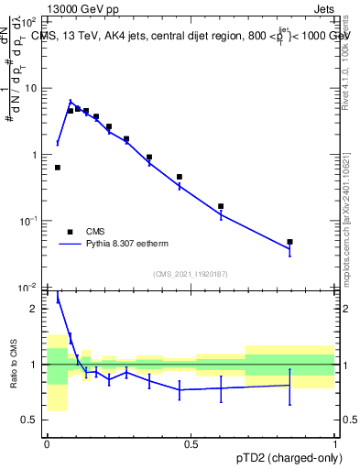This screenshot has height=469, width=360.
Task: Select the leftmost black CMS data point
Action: click(58, 168)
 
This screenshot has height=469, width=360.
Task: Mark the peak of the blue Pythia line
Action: click(71, 102)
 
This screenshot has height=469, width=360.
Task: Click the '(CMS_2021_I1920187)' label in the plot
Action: click(191, 274)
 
